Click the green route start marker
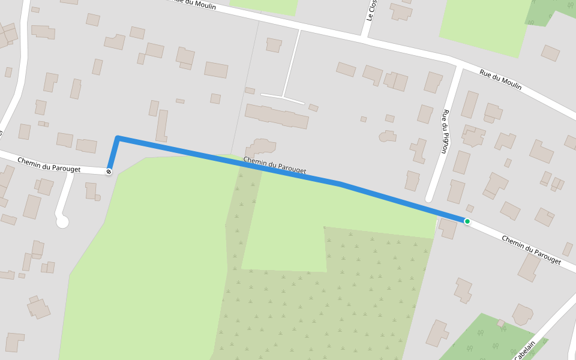click(467, 221)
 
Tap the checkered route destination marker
click(109, 172)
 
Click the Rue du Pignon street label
click(445, 131)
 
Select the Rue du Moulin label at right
click(500, 80)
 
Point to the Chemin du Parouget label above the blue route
click(274, 166)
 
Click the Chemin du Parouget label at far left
click(49, 164)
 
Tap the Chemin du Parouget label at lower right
click(531, 250)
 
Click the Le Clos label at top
click(372, 10)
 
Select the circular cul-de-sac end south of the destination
click(62, 222)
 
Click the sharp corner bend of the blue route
click(118, 139)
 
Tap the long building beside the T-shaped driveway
click(277, 115)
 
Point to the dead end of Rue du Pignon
click(429, 198)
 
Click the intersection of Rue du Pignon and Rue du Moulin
click(459, 64)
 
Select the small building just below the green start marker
click(448, 228)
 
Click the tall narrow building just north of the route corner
click(161, 125)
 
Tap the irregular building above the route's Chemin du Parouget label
click(260, 147)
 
